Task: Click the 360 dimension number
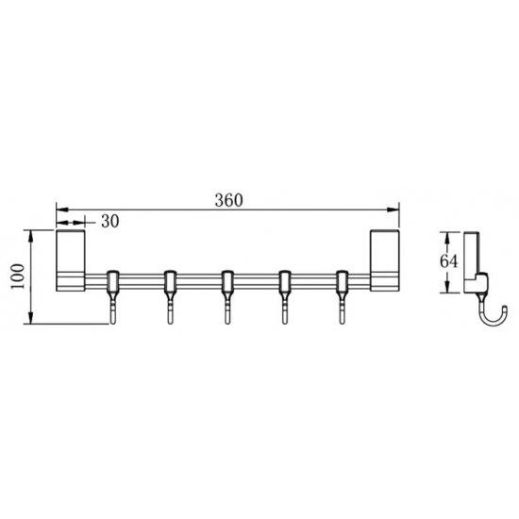[228, 199]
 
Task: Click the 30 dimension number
[109, 221]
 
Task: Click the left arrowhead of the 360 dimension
[61, 209]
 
